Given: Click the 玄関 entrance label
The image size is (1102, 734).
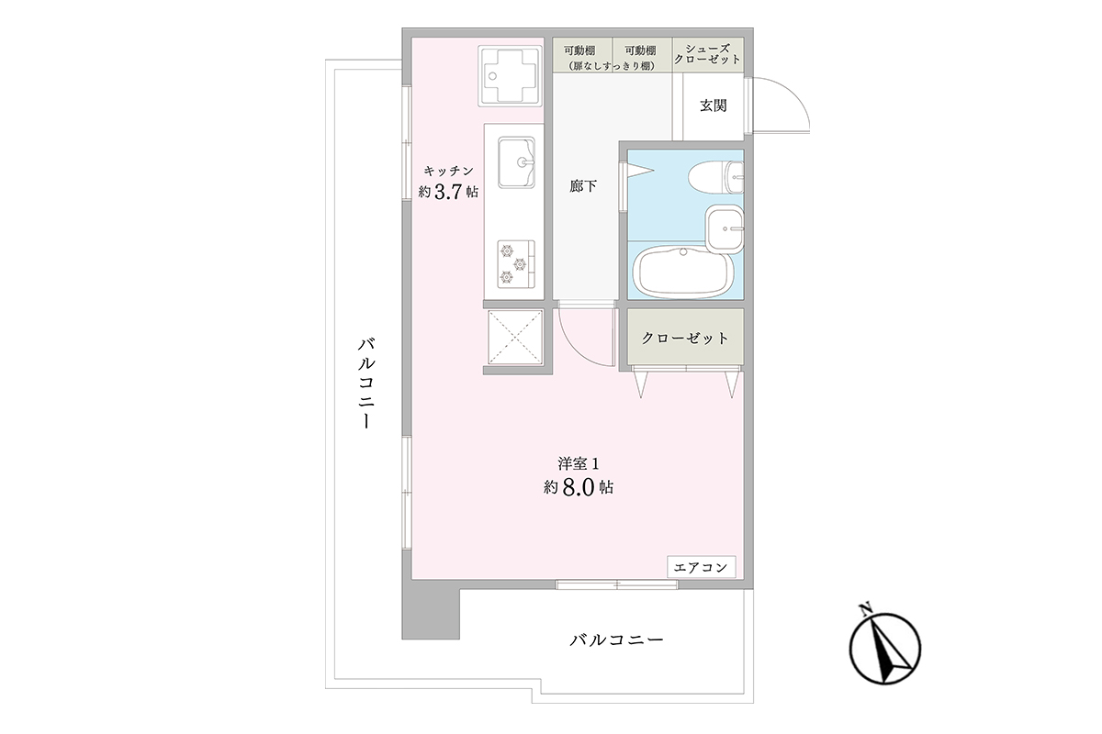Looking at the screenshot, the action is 714,106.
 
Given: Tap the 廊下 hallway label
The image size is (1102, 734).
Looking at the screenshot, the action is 583,186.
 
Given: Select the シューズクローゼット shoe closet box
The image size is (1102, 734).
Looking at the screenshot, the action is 708,55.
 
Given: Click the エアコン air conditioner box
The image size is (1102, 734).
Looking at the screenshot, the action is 702,567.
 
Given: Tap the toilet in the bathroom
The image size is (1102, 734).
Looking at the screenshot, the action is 715,177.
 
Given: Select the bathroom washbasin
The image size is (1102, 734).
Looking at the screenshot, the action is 725,228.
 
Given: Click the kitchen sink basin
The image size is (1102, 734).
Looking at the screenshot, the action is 516,162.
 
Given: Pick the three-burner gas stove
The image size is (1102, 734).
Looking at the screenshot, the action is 516,264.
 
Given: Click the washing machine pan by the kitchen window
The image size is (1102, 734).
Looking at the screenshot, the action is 510,76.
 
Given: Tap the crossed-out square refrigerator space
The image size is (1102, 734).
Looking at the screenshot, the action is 514,338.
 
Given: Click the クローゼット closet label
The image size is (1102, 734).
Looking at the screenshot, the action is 685,339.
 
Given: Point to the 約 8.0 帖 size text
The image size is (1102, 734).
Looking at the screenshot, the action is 579,487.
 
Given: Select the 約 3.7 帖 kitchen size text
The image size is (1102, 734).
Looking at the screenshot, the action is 448,191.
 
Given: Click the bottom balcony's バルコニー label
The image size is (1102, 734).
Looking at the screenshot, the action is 617,639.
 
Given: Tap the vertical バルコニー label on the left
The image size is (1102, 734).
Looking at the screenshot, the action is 366,383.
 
